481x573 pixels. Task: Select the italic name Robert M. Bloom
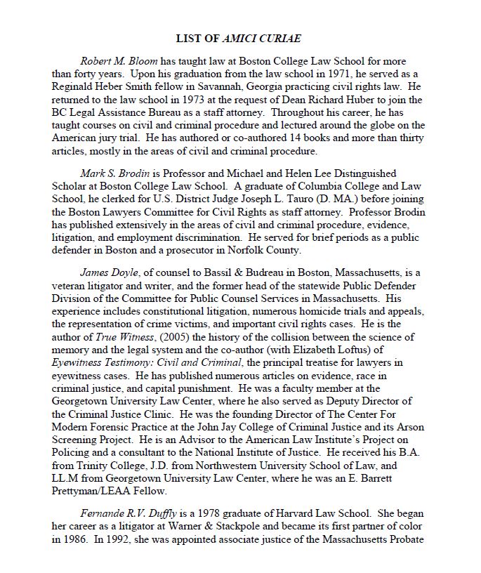pyautogui.click(x=114, y=60)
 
